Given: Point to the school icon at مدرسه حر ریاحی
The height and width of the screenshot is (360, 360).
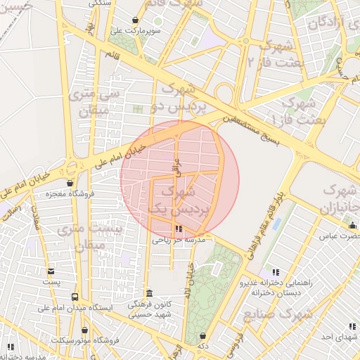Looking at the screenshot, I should pos(179,229).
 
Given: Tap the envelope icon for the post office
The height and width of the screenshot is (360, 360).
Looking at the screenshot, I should pos(51,271).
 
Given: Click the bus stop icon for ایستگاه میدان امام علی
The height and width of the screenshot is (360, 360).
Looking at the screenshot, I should pos(75,297).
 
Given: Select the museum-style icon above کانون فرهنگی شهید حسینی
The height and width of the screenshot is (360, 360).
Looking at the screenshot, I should pos(148,292).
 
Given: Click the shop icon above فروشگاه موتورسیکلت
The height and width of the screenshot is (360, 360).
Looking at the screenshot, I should pos(85,330).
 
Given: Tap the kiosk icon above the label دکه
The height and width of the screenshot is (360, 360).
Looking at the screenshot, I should pos(202,336).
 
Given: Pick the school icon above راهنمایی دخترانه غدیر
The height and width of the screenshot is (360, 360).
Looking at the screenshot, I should pos(276,271).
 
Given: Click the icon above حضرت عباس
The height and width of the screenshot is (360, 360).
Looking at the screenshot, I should pos(352,225).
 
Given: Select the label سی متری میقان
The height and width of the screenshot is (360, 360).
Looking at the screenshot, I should pos(98,101).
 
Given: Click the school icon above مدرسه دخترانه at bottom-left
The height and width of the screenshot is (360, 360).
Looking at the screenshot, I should pos(11,346).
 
